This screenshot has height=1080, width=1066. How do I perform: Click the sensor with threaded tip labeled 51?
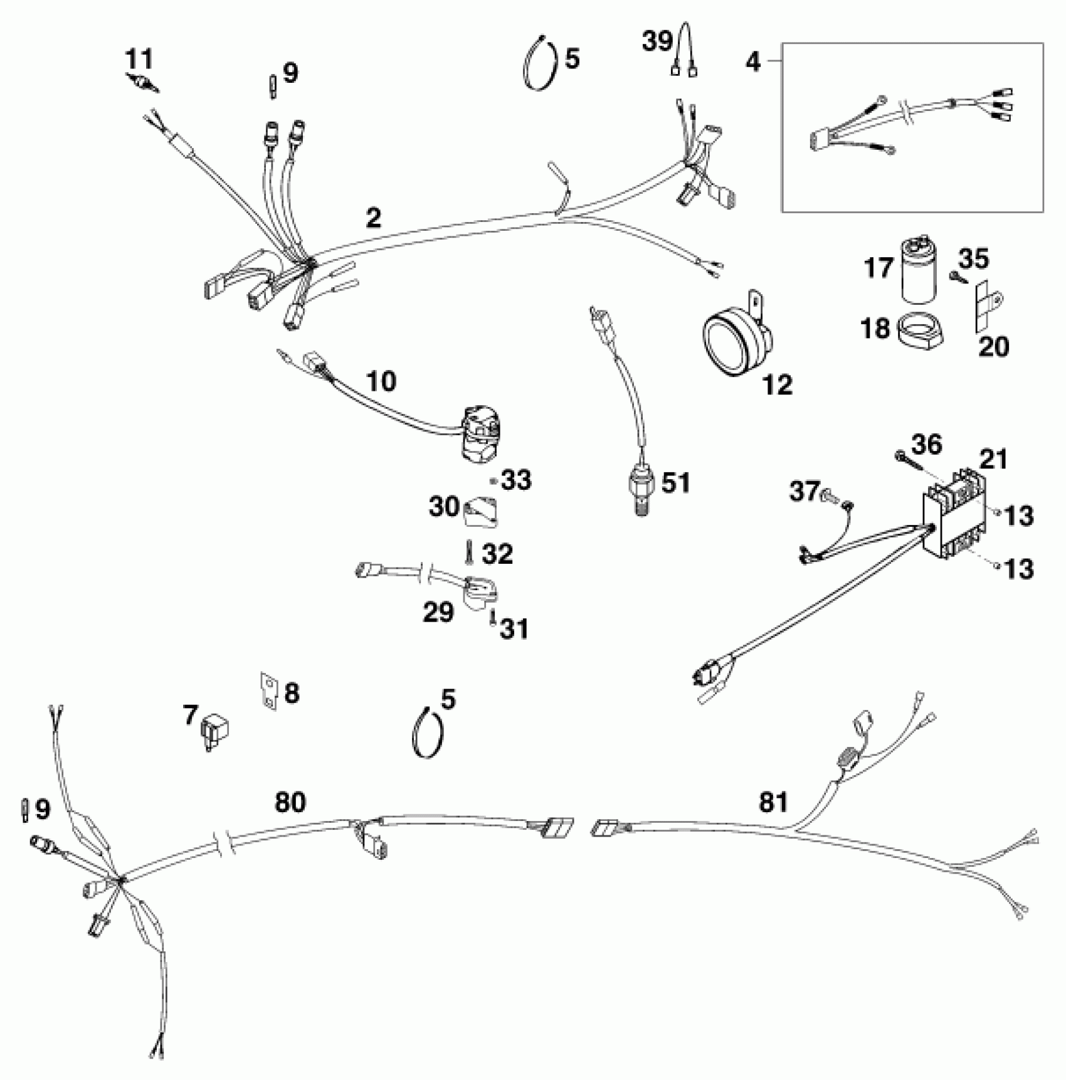638,492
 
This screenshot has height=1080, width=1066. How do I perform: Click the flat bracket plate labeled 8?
268,691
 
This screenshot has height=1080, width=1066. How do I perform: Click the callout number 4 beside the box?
753,61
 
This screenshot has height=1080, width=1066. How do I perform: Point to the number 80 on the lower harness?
290,802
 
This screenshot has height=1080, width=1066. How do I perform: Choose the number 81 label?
773,802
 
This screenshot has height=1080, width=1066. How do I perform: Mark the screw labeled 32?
468,552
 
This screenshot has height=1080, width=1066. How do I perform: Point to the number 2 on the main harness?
373,218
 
